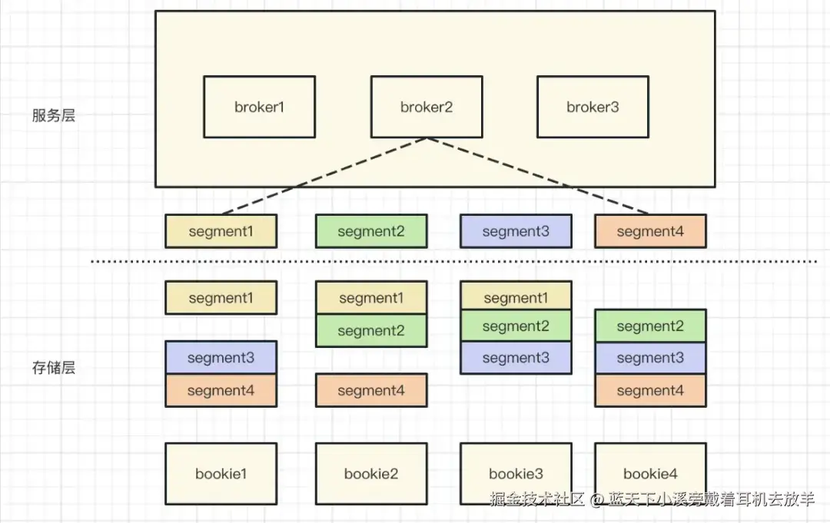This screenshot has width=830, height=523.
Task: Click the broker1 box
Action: pyautogui.click(x=260, y=107)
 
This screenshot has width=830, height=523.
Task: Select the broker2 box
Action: pyautogui.click(x=427, y=107)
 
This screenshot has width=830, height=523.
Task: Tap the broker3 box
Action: pyautogui.click(x=593, y=107)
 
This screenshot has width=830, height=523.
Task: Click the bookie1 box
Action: pyautogui.click(x=221, y=474)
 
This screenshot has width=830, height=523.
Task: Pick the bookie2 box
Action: pyautogui.click(x=371, y=474)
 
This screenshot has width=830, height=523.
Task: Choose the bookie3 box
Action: pyautogui.click(x=516, y=474)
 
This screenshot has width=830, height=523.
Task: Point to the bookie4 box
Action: pyautogui.click(x=651, y=474)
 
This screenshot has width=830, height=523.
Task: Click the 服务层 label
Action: pyautogui.click(x=54, y=115)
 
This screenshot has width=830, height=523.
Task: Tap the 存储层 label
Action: pyautogui.click(x=54, y=368)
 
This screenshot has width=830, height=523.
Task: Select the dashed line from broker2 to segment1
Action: pyautogui.click(x=324, y=176)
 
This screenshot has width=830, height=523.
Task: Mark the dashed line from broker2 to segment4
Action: pyautogui.click(x=538, y=176)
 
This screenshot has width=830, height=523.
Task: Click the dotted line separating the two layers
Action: pyautogui.click(x=453, y=261)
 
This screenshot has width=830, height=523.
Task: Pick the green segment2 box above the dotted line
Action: pyautogui.click(x=371, y=231)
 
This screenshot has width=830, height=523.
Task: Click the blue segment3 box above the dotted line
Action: pyautogui.click(x=516, y=231)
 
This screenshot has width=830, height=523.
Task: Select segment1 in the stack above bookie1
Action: pyautogui.click(x=221, y=298)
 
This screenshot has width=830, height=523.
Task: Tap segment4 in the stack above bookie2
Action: pyautogui.click(x=371, y=390)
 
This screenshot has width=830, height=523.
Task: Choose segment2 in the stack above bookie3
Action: pyautogui.click(x=516, y=326)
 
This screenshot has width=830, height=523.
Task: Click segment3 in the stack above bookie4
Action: pyautogui.click(x=651, y=358)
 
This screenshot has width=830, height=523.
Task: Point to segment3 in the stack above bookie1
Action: pyautogui.click(x=221, y=357)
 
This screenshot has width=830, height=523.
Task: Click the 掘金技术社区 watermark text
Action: pyautogui.click(x=536, y=498)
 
